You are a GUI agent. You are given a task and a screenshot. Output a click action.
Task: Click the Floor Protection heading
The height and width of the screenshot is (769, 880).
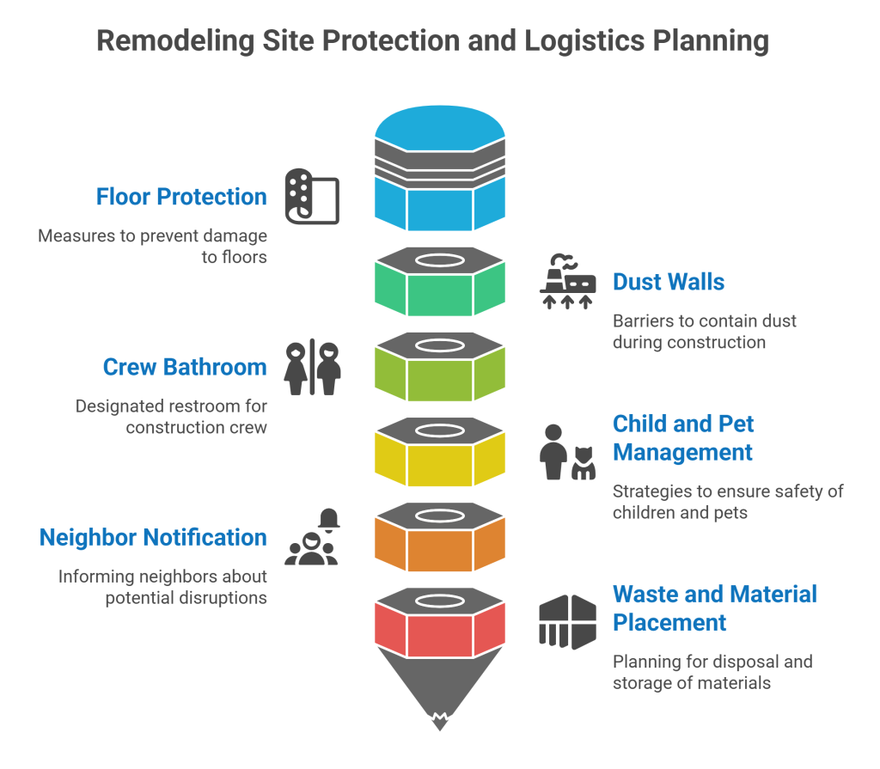pos(181,197)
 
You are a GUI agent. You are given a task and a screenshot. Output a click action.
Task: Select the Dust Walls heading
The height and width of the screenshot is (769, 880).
pos(668,282)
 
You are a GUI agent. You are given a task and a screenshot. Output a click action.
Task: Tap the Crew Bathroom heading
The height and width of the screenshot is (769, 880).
pos(185,367)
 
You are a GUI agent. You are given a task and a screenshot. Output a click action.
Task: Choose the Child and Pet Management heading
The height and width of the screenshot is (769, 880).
pos(682,437)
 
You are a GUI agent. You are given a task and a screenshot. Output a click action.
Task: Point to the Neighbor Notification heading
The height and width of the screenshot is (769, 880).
pos(153,538)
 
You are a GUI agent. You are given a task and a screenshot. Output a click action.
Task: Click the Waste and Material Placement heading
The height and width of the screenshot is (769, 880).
pos(714,607)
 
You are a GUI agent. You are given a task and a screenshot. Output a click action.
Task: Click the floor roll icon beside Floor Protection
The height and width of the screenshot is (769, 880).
pos(312,197)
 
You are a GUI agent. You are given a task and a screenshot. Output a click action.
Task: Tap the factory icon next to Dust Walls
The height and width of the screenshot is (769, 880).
pos(567,282)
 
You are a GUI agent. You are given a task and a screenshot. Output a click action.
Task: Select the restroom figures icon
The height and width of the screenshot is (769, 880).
pos(313,368)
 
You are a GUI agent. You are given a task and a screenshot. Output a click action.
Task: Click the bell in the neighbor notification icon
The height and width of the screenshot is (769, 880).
pos(329,518)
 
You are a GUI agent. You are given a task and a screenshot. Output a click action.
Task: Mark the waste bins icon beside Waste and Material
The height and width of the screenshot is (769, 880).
pos(567,621)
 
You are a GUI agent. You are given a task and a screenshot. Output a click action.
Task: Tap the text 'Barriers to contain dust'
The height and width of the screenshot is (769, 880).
pos(704,321)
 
